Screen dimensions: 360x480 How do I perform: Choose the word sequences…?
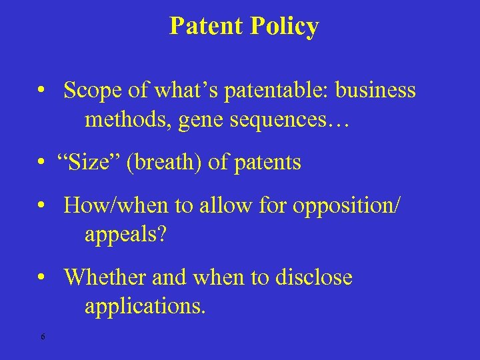280,122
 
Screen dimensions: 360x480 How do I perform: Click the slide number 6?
43,337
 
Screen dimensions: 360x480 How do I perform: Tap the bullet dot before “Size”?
41,163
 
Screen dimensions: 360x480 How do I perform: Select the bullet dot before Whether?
41,277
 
